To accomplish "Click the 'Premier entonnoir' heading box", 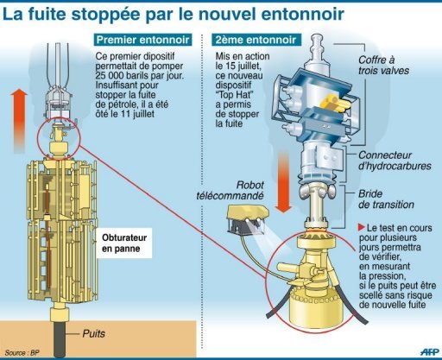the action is pyautogui.click(x=142, y=40).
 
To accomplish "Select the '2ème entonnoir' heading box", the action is pyautogui.click(x=256, y=40).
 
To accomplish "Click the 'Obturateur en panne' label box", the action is pyautogui.click(x=124, y=243).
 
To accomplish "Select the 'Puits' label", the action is pyautogui.click(x=94, y=334).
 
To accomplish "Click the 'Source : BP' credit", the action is pyautogui.click(x=22, y=352).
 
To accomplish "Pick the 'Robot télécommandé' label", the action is pyautogui.click(x=230, y=191).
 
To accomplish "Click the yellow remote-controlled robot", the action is pyautogui.click(x=248, y=219).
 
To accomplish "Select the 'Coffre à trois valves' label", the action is pyautogui.click(x=383, y=66).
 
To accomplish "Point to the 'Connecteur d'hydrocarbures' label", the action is pyautogui.click(x=395, y=161).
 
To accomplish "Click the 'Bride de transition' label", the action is pyautogui.click(x=386, y=199).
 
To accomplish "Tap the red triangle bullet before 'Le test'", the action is pyautogui.click(x=362, y=227).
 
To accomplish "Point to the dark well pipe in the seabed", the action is pyautogui.click(x=60, y=338).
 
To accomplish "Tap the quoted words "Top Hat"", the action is pyautogui.click(x=234, y=95).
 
